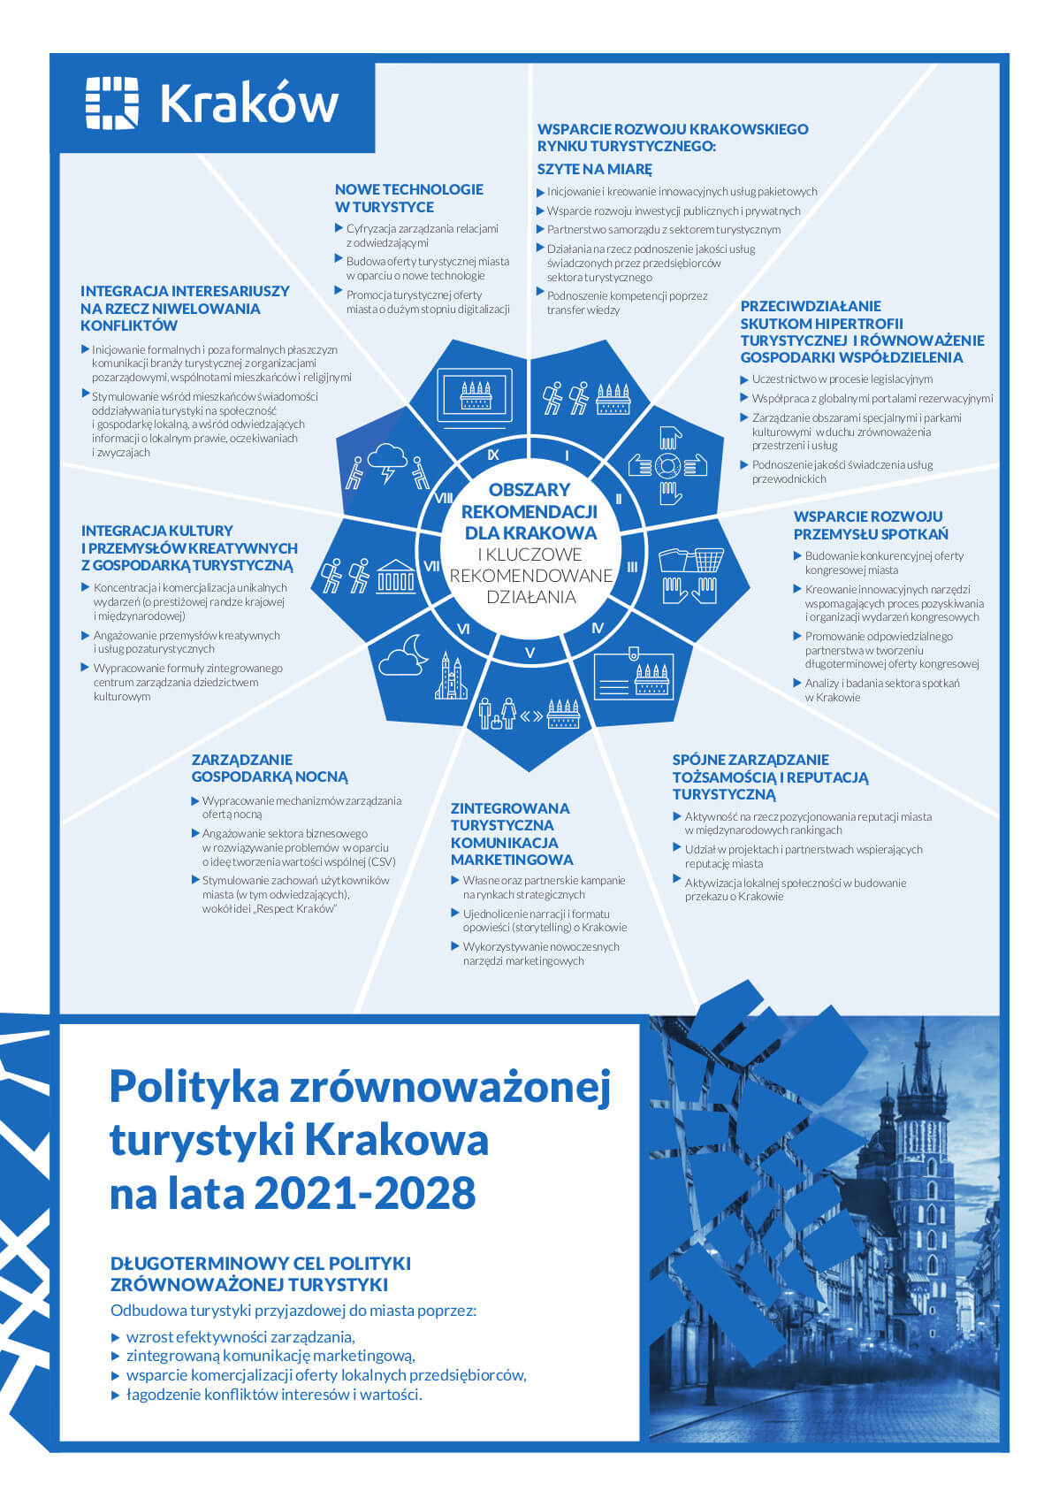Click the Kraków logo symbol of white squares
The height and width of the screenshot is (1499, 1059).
111,103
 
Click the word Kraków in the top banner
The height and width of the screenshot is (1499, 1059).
248,103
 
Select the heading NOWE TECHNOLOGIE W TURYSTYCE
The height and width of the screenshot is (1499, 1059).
408,198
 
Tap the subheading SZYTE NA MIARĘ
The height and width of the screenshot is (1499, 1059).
594,169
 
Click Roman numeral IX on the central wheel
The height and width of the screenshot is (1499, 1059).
493,455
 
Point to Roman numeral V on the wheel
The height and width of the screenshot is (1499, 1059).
529,654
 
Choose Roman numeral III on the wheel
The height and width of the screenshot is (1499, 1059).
632,568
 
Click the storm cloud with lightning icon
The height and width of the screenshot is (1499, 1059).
386,461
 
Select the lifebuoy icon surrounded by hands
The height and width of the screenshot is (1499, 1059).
669,466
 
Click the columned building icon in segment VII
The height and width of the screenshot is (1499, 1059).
395,576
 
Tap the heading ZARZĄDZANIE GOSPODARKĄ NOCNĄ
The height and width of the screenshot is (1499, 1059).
270,769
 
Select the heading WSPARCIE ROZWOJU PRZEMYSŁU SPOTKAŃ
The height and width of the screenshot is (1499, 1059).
870,525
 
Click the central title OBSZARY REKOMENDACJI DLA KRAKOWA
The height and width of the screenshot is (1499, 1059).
529,511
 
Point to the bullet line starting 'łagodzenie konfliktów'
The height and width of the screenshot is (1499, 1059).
274,1395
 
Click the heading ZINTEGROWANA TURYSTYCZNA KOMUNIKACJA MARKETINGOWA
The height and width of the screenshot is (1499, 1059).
512,833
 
